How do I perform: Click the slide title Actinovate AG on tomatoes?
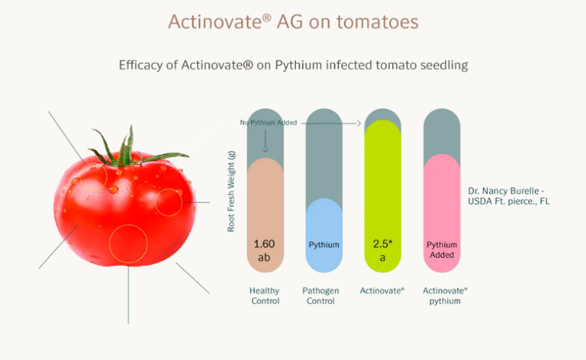pos(293,21)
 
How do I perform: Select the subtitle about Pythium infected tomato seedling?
pos(293,65)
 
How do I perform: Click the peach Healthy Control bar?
pos(266,214)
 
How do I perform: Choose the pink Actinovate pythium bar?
pos(441,212)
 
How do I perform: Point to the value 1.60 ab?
pos(266,251)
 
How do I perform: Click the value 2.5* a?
pos(382,251)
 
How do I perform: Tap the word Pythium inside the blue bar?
pos(324,245)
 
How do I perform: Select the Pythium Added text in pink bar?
pos(441,251)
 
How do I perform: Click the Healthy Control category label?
pos(266,295)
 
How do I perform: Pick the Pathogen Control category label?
pos(324,295)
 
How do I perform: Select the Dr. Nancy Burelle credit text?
pos(508,195)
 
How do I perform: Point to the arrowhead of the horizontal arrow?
pos(359,122)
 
